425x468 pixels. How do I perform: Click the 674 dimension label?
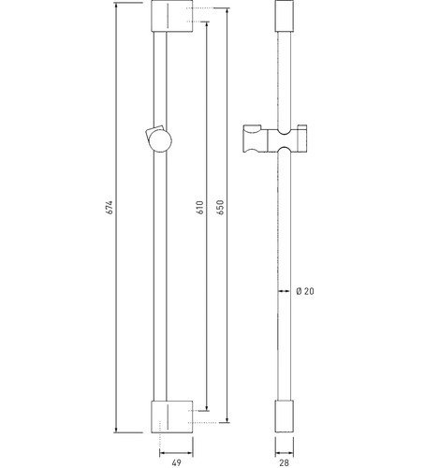[110, 207]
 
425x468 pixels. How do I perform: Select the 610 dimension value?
[200, 207]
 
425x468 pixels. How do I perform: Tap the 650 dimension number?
[220, 207]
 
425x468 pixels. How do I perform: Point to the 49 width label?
[176, 462]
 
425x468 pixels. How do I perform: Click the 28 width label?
[284, 462]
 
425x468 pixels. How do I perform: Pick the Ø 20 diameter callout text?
[305, 291]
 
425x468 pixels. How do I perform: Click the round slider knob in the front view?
[160, 140]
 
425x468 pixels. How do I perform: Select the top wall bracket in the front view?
[172, 16]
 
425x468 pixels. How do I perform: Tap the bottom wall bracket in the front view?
[172, 417]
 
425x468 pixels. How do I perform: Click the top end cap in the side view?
[284, 16]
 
